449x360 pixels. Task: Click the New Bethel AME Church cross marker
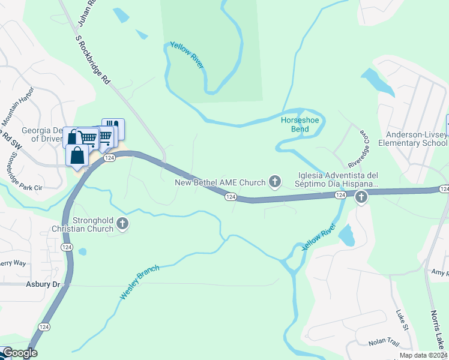pos(275,181)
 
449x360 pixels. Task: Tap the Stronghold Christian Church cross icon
pos(122,224)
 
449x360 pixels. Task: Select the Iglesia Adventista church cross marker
pos(361,196)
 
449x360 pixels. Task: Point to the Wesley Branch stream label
pos(140,283)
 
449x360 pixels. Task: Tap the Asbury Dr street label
pos(44,284)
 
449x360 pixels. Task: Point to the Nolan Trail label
pos(384,341)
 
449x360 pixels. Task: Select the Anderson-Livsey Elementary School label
pos(416,139)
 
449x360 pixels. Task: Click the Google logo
pos(19,353)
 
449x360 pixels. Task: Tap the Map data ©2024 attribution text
pos(423,355)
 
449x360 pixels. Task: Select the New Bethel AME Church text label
pos(219,182)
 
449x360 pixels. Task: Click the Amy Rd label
pos(439,272)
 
